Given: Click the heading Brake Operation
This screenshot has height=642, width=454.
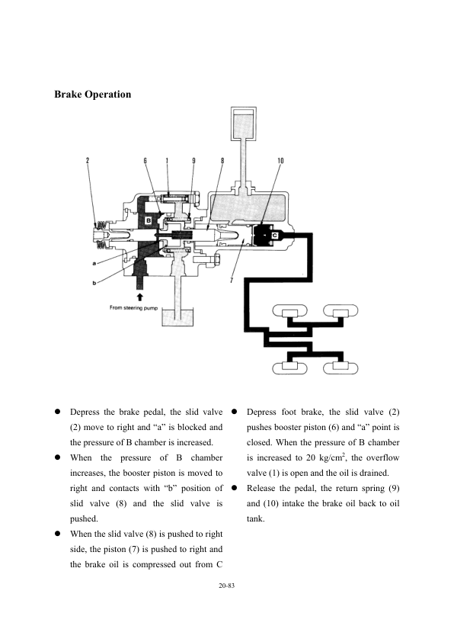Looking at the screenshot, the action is (x=93, y=95).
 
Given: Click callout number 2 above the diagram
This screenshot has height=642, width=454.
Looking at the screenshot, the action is (x=88, y=160).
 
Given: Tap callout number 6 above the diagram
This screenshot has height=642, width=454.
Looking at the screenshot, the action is (x=145, y=160).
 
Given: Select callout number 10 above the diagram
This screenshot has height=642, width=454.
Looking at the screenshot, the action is (x=280, y=160).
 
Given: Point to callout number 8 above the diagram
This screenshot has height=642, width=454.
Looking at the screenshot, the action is (x=222, y=160).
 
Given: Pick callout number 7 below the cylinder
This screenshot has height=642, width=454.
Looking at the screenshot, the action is (x=232, y=280).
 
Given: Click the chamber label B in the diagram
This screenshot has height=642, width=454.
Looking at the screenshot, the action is (x=149, y=220).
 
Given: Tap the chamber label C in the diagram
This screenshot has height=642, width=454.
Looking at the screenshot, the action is (x=275, y=236).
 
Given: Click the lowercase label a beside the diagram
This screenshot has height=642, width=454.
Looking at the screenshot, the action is (x=94, y=263).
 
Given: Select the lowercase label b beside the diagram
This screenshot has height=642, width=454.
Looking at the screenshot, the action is (x=94, y=283).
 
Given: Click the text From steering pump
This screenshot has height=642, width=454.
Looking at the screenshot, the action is (x=133, y=307).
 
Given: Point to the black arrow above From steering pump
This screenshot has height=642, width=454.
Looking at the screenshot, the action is (x=140, y=297).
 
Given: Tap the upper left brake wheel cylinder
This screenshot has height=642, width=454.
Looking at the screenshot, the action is (x=290, y=311).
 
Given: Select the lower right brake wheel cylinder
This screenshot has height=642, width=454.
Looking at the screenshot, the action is (x=340, y=368).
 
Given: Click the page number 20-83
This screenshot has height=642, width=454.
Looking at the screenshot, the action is (x=226, y=586).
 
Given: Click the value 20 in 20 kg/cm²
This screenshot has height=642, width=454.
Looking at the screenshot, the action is (x=311, y=457).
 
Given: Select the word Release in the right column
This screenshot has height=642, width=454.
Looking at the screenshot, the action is (x=261, y=488).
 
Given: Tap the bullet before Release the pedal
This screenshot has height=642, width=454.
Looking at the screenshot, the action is (x=235, y=488).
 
